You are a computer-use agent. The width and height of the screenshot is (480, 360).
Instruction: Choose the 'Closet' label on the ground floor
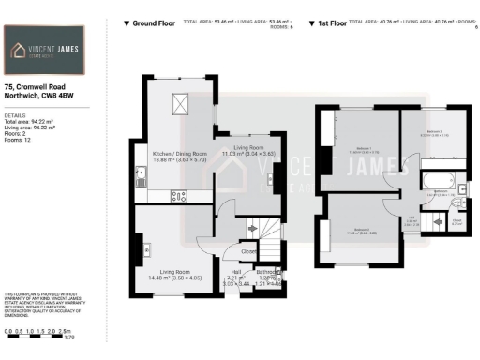[x=249, y=252]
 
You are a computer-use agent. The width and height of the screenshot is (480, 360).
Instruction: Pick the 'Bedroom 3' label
[x=433, y=132]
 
